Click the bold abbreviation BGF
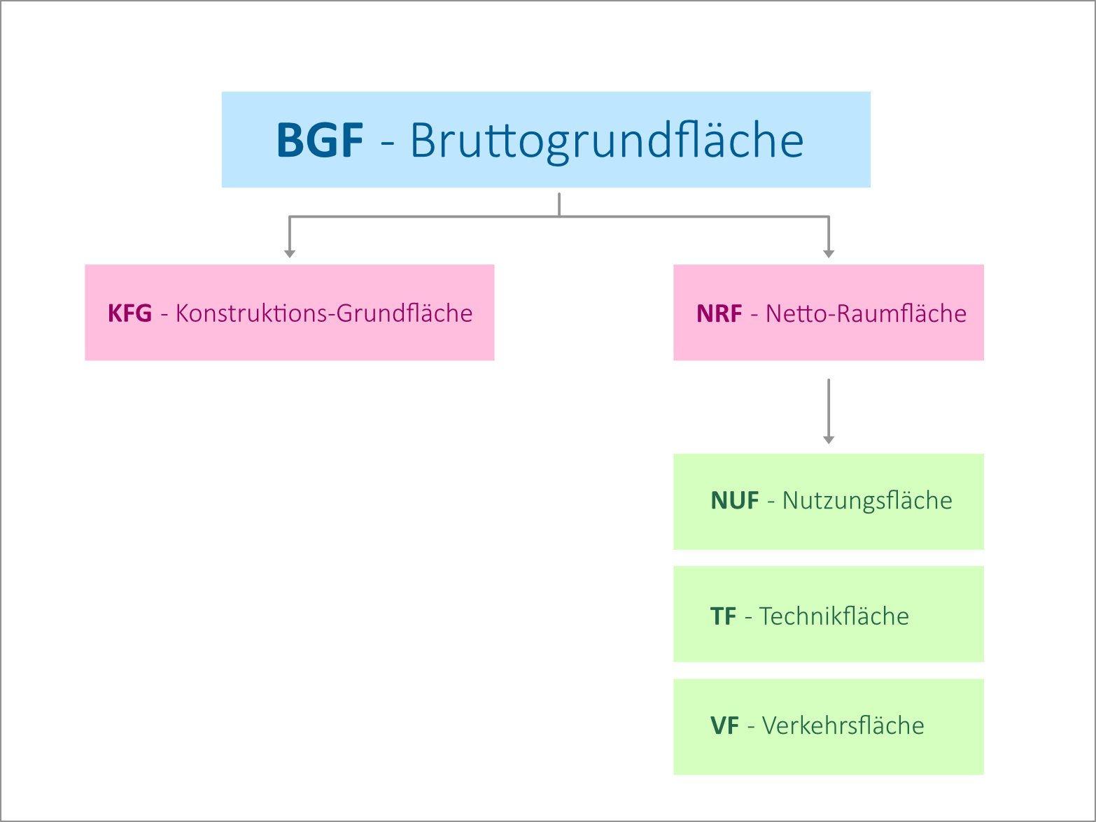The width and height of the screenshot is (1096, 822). pos(320,141)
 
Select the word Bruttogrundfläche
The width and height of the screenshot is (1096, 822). pos(606,141)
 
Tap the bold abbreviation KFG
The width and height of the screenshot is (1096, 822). pos(129,313)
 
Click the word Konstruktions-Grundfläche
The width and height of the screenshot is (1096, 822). pos(323,313)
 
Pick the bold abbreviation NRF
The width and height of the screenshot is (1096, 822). pos(719,313)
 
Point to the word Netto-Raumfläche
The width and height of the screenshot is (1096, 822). pos(866,313)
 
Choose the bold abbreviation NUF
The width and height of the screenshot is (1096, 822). pos(734,501)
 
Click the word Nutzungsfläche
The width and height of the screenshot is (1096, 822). pos(867,501)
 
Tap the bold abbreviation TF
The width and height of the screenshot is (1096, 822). pos(723,616)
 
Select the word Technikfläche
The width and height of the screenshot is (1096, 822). pos(834,616)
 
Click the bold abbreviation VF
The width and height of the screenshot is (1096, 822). pos(724,726)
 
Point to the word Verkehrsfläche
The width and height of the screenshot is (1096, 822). pos(843,726)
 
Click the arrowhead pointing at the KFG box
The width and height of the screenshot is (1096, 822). pos(290,254)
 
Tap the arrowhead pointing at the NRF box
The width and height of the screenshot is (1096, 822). pos(829,254)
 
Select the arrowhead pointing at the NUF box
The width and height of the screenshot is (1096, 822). pos(829,439)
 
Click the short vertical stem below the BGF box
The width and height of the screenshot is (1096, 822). pos(559,204)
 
